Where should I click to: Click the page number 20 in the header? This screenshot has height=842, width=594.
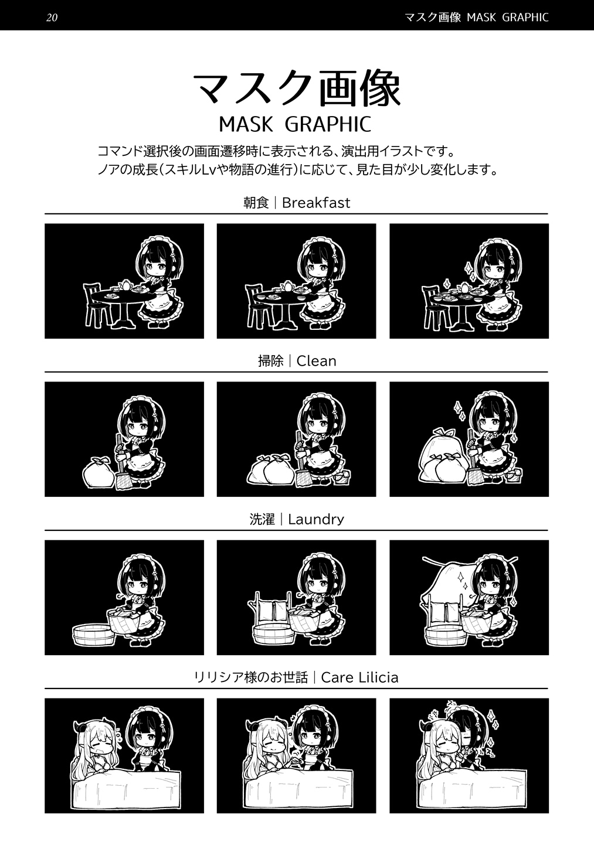point(52,17)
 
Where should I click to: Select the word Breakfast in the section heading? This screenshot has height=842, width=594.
point(316,203)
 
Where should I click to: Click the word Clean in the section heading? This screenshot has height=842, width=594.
point(317,361)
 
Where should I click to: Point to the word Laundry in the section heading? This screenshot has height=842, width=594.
point(316,519)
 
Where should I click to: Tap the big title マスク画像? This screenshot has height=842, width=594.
point(297,89)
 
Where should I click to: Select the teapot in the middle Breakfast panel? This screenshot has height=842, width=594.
point(288,286)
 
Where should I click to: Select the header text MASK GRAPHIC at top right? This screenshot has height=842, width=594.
point(508,17)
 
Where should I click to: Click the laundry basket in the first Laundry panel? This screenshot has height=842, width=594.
point(124,622)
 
